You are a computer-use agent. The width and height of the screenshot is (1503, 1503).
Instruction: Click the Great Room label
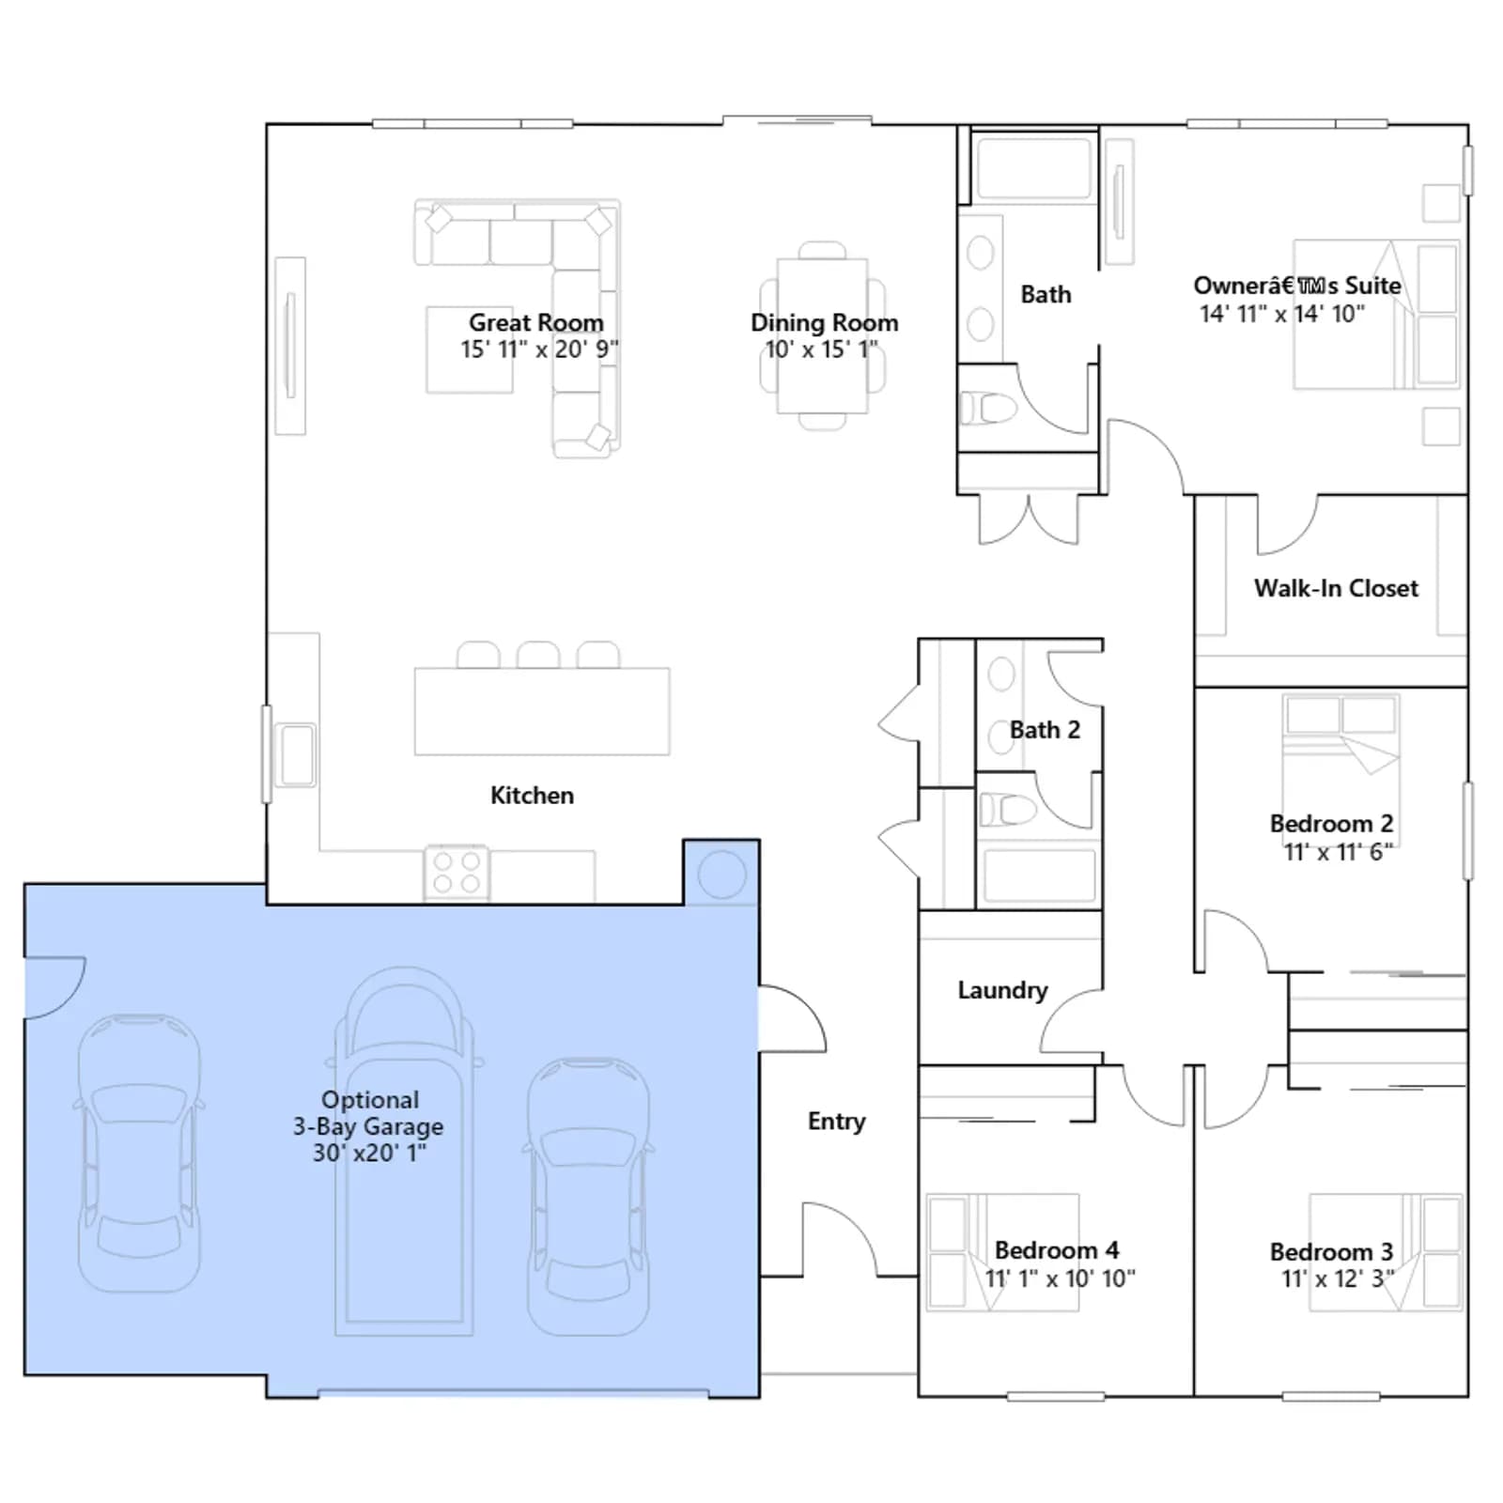coord(536,322)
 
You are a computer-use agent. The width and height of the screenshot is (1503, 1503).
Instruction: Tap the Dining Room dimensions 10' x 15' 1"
coord(822,349)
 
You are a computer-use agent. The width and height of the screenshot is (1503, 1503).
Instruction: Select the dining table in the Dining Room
coord(822,335)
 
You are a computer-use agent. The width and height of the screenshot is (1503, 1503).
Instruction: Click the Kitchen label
coord(532,796)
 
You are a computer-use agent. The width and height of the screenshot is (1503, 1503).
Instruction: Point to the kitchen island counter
coord(542,711)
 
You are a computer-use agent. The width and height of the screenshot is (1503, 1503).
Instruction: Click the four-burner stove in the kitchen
coord(457,873)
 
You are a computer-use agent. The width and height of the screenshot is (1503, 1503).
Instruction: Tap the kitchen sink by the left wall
coord(297,754)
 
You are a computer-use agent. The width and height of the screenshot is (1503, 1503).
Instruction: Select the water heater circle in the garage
coord(722,875)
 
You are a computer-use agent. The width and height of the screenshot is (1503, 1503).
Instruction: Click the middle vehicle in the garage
coord(404,1151)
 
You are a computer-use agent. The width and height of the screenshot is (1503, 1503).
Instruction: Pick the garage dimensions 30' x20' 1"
coord(369,1153)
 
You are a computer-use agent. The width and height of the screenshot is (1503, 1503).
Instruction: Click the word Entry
coord(836,1122)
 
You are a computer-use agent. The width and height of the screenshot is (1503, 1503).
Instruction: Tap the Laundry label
coord(1002,990)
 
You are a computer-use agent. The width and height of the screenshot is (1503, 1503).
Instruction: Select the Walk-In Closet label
coord(1336,588)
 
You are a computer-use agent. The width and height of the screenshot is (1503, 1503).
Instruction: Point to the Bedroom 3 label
coord(1331,1252)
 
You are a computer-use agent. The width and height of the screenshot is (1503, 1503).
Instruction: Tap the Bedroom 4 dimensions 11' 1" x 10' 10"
coord(1060,1278)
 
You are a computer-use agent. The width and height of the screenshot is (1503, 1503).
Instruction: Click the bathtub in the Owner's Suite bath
coord(1034,168)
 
